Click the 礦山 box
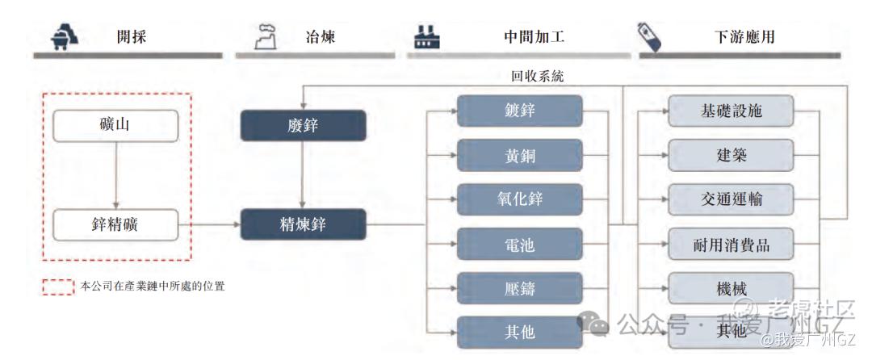tap(115, 126)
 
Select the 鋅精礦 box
tap(115, 224)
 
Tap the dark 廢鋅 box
tap(304, 126)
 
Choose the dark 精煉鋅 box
tap(304, 224)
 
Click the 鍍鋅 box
tap(519, 111)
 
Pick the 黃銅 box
tap(519, 156)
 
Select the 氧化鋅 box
tap(519, 199)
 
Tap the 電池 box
tap(519, 244)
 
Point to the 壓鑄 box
tap(519, 288)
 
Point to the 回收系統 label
tap(537, 77)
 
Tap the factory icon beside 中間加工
tap(426, 36)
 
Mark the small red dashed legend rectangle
tap(58, 287)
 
